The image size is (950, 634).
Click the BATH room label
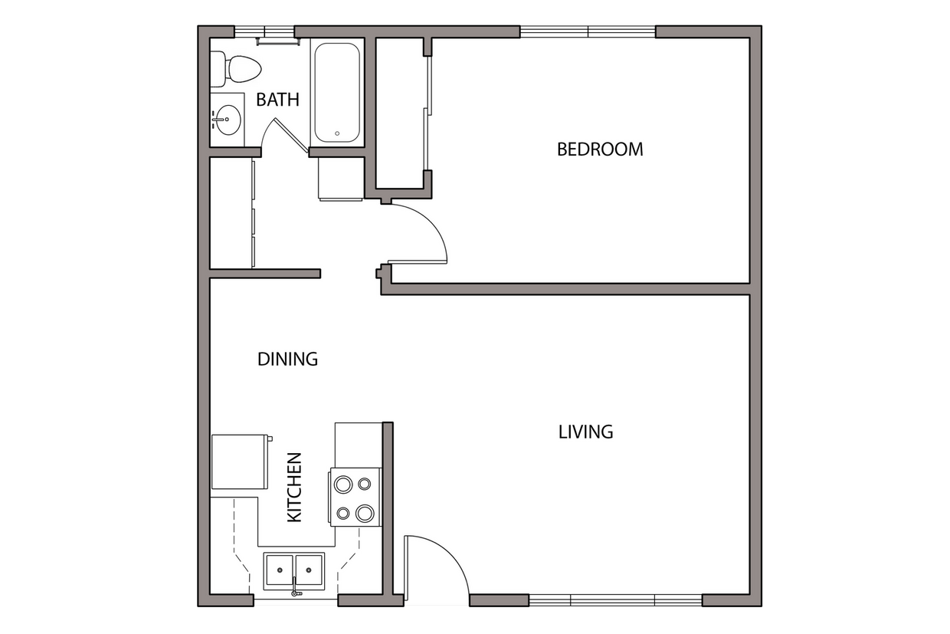[277, 100]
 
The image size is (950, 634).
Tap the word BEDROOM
[600, 149]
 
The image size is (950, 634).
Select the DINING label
[287, 359]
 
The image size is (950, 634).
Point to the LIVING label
[585, 432]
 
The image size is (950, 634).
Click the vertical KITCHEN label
[295, 488]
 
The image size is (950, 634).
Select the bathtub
[336, 93]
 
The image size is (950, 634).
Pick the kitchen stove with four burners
[355, 498]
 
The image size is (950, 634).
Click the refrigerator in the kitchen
[238, 462]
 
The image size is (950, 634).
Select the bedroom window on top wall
[588, 31]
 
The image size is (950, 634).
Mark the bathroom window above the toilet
[264, 32]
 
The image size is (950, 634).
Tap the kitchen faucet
[294, 587]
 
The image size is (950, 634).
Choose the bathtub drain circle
[336, 133]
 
